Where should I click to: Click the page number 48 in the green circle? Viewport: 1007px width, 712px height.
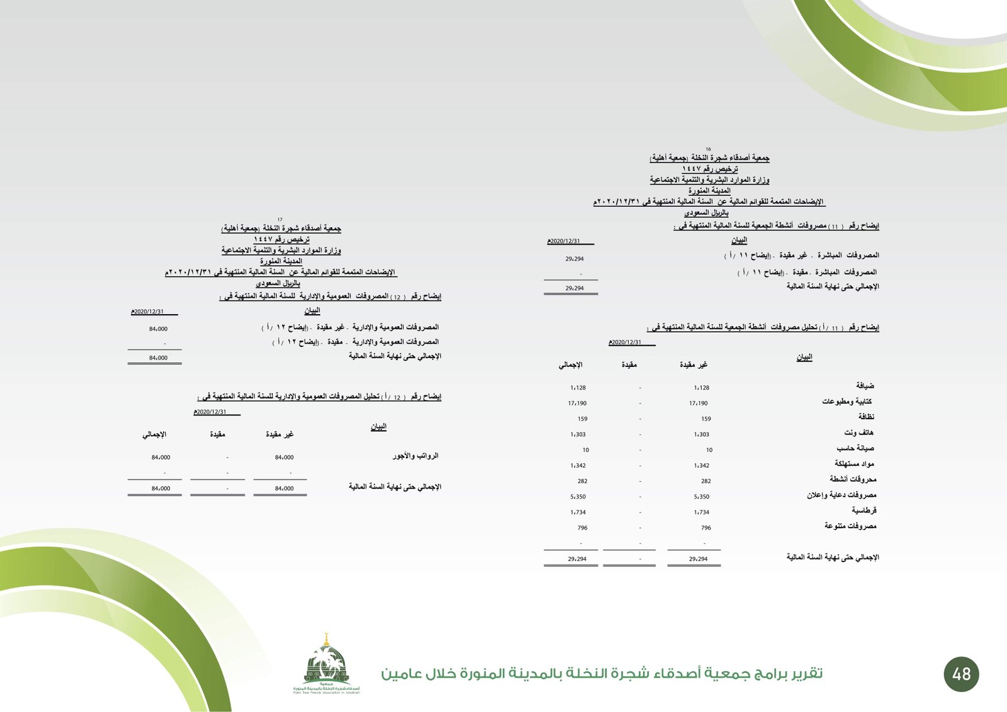pos(961,674)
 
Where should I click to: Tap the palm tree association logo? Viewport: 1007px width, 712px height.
pos(326,664)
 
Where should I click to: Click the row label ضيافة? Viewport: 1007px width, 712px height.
pos(865,385)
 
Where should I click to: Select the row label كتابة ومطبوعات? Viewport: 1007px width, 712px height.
pos(847,401)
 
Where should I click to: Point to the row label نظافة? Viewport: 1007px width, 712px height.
pos(866,417)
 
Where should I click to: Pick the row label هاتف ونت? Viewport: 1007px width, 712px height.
pos(858,432)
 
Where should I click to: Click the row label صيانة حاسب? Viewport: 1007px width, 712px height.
pos(855,448)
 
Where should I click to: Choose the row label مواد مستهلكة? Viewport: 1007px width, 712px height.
pos(854,464)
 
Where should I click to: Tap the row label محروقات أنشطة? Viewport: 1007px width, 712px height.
pos(852,479)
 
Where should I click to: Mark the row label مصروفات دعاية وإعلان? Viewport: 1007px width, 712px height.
pos(841,495)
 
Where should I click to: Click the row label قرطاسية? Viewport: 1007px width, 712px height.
pos(864,511)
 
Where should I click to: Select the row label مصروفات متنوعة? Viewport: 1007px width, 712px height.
pos(850,526)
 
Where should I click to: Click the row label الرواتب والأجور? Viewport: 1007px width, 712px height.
pos(415,455)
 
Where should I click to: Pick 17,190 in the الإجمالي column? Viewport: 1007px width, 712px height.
pos(577,404)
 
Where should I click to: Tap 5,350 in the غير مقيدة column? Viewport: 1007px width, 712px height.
pos(701,497)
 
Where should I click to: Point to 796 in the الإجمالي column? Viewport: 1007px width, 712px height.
pos(582,528)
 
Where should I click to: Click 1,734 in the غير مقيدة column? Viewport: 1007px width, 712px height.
pos(701,512)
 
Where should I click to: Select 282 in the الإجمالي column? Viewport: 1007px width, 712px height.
pos(582,481)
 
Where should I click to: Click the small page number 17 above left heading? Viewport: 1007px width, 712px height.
pos(280,220)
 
